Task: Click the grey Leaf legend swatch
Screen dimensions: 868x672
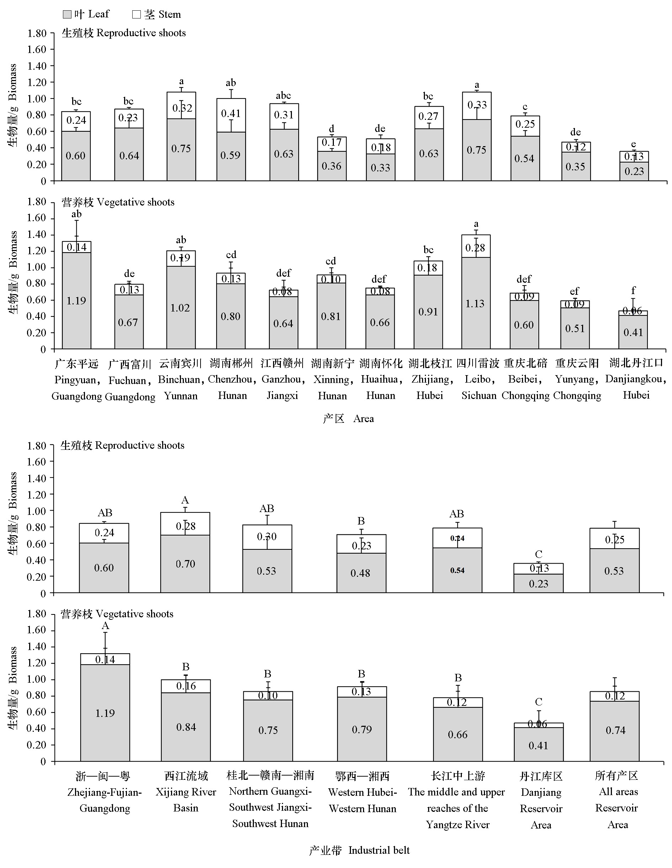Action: [67, 15]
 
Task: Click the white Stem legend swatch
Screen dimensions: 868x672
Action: [136, 15]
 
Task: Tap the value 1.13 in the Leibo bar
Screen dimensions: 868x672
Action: [475, 304]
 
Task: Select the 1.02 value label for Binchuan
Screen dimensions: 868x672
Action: [180, 308]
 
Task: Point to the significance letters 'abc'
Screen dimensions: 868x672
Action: [283, 95]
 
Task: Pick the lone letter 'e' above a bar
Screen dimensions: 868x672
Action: [634, 144]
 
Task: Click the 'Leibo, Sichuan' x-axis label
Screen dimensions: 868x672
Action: [479, 379]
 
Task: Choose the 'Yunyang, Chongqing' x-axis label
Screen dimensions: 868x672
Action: [577, 379]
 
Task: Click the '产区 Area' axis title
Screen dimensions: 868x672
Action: [348, 419]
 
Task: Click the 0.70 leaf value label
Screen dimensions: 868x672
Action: [186, 564]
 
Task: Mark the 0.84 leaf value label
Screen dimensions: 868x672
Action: [186, 727]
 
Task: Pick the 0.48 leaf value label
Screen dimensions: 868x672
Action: [360, 573]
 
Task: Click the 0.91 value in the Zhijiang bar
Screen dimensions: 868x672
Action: [428, 312]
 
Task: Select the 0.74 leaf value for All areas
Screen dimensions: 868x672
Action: [615, 730]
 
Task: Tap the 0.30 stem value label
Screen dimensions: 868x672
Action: [267, 537]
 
